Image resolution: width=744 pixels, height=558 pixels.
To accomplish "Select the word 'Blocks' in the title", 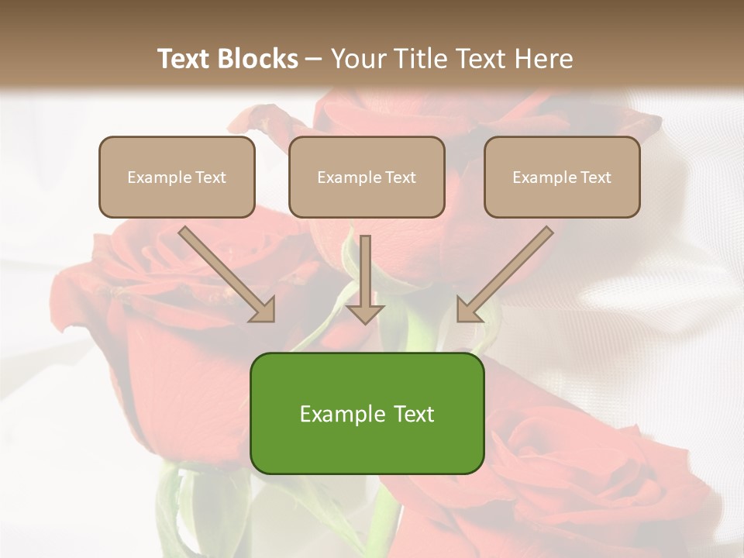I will (259, 59).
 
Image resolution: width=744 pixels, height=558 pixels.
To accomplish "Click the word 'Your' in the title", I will (356, 59).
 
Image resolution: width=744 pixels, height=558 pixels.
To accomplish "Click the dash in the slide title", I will (314, 60).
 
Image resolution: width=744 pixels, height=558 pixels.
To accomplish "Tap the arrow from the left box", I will (225, 273).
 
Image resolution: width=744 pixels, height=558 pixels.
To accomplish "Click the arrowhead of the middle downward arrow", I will (365, 312).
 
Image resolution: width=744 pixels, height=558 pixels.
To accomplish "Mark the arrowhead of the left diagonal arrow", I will (263, 309).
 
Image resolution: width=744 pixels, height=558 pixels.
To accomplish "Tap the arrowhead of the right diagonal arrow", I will (468, 309).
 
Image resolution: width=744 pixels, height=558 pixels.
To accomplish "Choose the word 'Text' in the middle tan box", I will (401, 177).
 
